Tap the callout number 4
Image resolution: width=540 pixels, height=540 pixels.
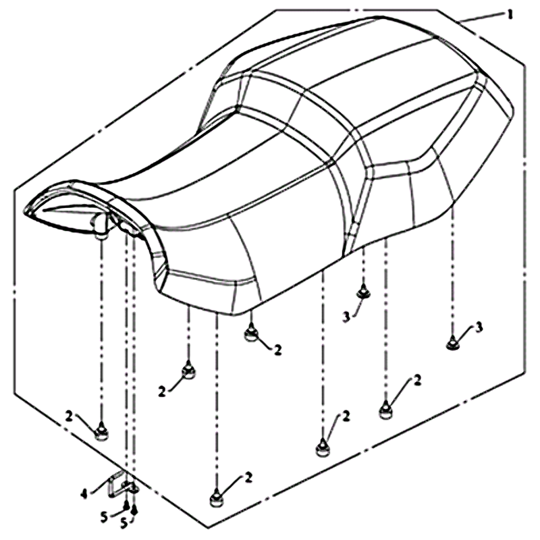(84, 495)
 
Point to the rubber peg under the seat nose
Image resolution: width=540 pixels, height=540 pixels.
(100, 225)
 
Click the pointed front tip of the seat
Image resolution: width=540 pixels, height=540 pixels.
(25, 210)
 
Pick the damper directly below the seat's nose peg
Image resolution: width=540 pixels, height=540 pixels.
(101, 431)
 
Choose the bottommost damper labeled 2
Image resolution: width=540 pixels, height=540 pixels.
(217, 498)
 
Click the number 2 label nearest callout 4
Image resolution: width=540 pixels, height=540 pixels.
(70, 417)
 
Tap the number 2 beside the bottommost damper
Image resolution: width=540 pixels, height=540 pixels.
(248, 477)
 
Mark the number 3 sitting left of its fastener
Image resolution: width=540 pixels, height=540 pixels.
(346, 317)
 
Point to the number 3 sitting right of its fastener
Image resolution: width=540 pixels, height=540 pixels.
(479, 327)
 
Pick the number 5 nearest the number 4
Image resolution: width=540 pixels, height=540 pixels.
(104, 517)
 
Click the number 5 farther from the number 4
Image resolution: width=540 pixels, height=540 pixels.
(124, 524)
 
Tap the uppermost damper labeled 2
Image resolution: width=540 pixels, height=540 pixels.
(251, 333)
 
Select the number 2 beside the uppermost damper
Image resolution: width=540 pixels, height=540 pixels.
(277, 350)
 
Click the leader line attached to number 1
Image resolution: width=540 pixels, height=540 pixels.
(481, 18)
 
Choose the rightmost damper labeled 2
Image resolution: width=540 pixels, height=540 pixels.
(385, 410)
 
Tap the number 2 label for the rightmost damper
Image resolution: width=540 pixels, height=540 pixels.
(417, 381)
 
